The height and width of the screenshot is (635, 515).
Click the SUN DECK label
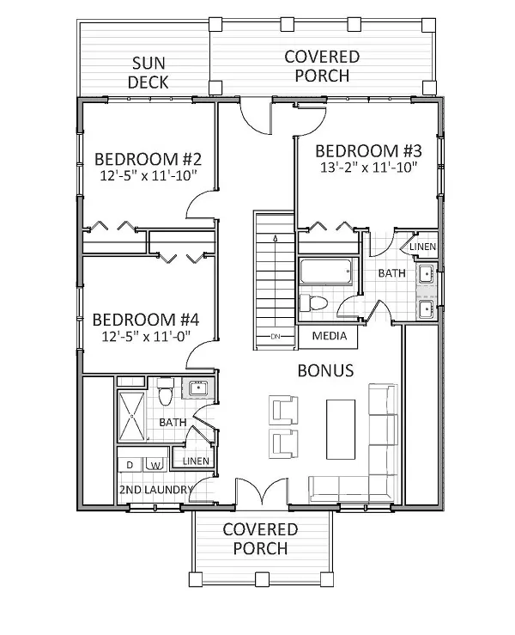click(x=148, y=73)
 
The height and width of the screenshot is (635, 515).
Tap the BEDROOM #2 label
click(x=148, y=159)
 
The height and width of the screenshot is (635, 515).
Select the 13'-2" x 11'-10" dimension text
click(x=368, y=168)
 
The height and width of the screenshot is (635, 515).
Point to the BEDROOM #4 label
click(x=146, y=320)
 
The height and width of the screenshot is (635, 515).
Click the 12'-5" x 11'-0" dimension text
click(x=146, y=336)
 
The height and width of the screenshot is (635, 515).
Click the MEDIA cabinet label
click(x=330, y=336)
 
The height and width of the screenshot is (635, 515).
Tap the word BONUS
click(x=325, y=370)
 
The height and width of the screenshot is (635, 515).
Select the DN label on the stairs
click(x=276, y=336)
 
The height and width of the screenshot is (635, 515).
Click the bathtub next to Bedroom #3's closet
click(x=326, y=271)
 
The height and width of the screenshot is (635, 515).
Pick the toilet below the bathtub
click(x=313, y=303)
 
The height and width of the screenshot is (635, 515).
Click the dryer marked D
click(x=130, y=465)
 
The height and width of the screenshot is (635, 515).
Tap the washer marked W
click(x=155, y=465)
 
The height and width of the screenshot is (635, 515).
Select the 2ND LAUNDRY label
click(x=155, y=490)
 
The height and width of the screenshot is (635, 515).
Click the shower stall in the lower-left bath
click(x=131, y=416)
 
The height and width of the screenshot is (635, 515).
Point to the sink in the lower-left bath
click(x=197, y=388)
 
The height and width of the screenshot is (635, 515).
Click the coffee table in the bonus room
click(x=341, y=430)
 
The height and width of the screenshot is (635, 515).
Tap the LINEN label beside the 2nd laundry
click(x=196, y=461)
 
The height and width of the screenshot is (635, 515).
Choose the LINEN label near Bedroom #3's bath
click(x=423, y=247)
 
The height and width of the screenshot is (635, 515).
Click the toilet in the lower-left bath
click(x=165, y=391)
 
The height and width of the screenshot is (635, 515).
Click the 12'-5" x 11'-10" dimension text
click(x=148, y=176)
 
